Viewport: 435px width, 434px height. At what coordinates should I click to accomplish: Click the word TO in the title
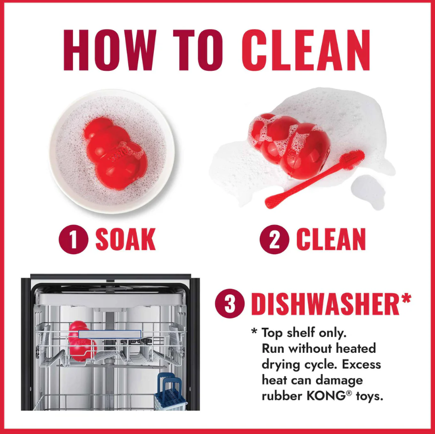198,50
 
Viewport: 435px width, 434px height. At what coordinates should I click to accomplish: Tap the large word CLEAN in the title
306,50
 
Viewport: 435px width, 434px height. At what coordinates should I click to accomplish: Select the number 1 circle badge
74,239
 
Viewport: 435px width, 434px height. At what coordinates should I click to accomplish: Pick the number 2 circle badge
274,239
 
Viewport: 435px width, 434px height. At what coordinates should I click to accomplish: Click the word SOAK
125,240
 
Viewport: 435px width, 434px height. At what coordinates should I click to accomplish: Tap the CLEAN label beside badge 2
331,240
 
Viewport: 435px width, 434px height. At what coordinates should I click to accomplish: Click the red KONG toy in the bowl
116,153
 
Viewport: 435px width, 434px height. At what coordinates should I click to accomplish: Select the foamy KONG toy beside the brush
289,145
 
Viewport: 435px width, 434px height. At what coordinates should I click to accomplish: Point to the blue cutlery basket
171,391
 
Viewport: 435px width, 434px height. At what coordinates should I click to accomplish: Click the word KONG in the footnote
325,396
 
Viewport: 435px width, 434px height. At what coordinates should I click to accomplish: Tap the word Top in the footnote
273,333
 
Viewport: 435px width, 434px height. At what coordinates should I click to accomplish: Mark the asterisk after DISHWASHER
406,299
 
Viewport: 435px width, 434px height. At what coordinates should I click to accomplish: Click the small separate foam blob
368,192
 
